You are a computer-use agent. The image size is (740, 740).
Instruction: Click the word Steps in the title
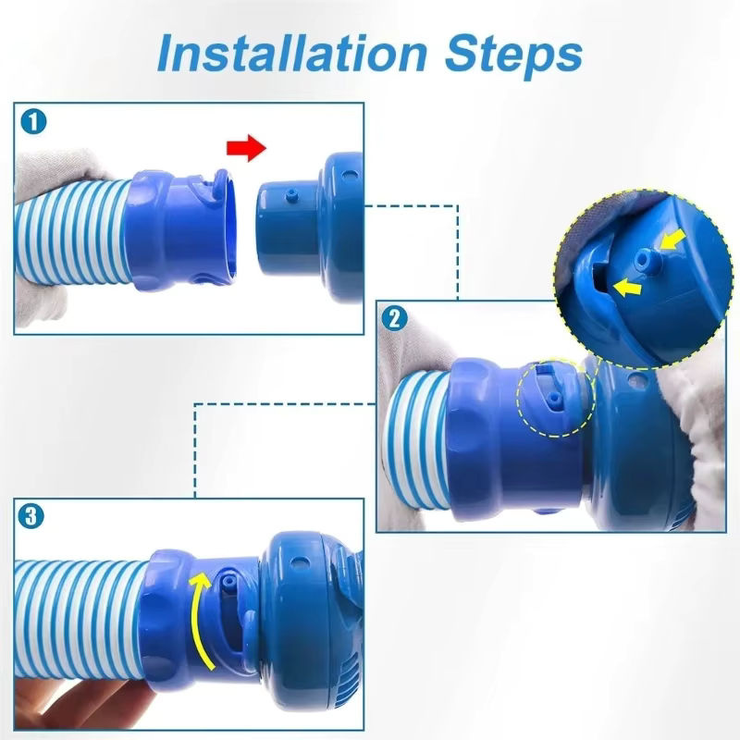click(513, 55)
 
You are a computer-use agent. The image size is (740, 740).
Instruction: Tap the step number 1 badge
click(33, 122)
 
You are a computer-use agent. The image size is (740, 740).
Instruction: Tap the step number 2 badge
click(394, 318)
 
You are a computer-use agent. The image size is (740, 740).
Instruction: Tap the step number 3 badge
click(31, 516)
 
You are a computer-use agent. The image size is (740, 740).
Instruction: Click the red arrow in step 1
click(246, 147)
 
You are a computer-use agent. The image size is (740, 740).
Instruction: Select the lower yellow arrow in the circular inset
click(627, 287)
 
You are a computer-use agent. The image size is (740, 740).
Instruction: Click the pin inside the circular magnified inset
click(645, 259)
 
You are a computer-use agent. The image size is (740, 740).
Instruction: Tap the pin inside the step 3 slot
click(229, 582)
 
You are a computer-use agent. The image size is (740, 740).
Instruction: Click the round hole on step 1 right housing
click(348, 176)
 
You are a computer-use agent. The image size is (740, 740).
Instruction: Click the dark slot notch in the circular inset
click(599, 279)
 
